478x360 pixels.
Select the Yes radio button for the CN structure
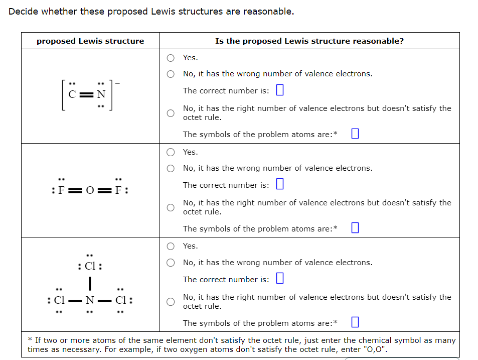pos(172,58)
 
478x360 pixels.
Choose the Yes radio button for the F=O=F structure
pos(172,152)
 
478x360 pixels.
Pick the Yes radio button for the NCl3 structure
pos(172,246)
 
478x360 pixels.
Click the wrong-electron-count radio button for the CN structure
pos(172,74)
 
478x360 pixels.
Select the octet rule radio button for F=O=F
pos(172,207)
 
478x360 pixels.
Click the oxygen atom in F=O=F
pos(90,191)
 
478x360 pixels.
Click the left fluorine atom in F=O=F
pos(62,191)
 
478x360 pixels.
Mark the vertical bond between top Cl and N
pos(90,284)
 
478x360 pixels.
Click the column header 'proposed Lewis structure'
pos(90,41)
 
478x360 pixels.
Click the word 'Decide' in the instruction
pos(24,11)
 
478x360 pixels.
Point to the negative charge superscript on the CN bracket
pos(117,83)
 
